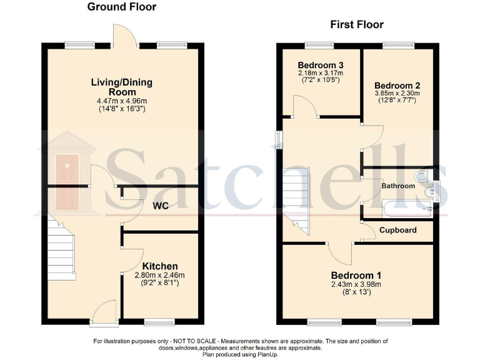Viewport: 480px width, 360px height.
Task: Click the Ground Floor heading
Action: [x=122, y=7]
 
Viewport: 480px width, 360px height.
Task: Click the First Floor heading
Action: [x=356, y=25]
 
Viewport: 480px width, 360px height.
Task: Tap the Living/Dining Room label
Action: [x=122, y=87]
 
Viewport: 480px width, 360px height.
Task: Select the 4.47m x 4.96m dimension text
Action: [x=122, y=101]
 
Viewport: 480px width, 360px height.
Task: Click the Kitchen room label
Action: [x=160, y=266]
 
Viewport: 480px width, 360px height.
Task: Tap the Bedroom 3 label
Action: [x=321, y=65]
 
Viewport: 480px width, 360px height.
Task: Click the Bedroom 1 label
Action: [x=356, y=275]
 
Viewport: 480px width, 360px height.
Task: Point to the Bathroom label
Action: [x=398, y=186]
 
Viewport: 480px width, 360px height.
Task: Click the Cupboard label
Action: [x=398, y=230]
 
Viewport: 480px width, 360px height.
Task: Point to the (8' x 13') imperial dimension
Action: [x=356, y=292]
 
